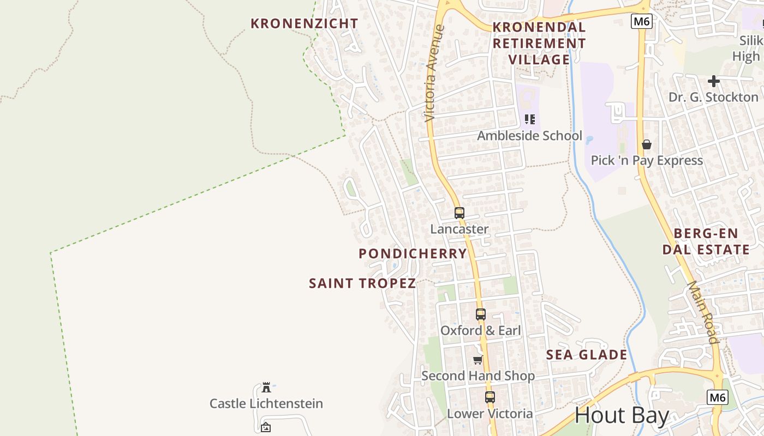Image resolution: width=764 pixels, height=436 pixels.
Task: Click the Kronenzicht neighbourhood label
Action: coord(305,23)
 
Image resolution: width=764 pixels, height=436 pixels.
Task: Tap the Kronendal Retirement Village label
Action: coord(539,43)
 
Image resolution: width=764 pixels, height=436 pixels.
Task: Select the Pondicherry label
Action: coord(413,253)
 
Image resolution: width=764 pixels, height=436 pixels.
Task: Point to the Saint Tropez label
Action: coord(362,283)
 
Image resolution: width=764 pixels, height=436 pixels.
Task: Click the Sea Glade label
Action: coord(587,355)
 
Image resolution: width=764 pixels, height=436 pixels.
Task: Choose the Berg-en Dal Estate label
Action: coord(706,241)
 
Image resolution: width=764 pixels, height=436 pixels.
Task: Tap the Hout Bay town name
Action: coord(622,415)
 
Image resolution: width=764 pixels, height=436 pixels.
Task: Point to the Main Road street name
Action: coord(703,312)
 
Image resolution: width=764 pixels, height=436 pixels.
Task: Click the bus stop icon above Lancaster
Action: coord(459,213)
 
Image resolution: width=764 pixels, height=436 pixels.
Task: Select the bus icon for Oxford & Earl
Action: coord(480,314)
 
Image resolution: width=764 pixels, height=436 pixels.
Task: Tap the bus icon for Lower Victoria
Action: coord(490,397)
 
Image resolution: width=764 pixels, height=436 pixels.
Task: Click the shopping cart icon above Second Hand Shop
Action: coord(478,360)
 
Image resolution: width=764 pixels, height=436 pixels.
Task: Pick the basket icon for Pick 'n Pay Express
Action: coord(647,144)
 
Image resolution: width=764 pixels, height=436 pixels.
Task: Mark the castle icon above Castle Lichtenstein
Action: coord(266,387)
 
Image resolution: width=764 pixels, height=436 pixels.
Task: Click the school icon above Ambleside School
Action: coord(530,119)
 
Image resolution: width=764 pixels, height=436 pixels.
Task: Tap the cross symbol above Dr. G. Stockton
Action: coord(714,82)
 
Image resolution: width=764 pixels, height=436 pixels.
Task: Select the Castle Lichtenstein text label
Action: coord(266,404)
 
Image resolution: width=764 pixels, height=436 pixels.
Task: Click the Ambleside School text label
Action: coord(530,136)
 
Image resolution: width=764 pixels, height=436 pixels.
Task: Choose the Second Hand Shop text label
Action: coord(478,376)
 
